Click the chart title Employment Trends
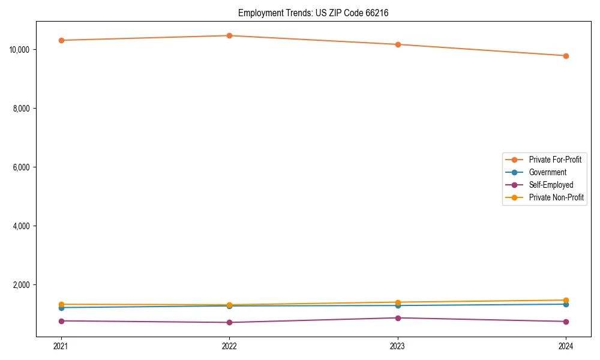tap(313, 13)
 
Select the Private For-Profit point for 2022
tap(229, 35)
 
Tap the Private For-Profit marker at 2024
tap(566, 56)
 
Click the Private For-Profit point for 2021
tap(61, 40)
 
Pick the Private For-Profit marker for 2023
tap(398, 44)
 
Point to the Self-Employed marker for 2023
tap(398, 318)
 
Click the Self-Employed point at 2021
tap(61, 321)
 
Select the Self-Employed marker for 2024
tap(566, 322)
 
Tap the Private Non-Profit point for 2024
tap(566, 300)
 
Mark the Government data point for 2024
tap(566, 304)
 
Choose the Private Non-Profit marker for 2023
tap(398, 302)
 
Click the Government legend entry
tap(547, 172)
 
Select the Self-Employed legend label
tap(551, 185)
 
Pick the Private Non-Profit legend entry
tap(556, 197)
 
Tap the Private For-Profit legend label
tap(555, 160)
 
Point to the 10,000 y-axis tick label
tap(22, 49)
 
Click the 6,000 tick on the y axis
tap(23, 167)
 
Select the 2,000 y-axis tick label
tap(23, 284)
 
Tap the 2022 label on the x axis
tap(229, 346)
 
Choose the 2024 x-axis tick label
tap(566, 346)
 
